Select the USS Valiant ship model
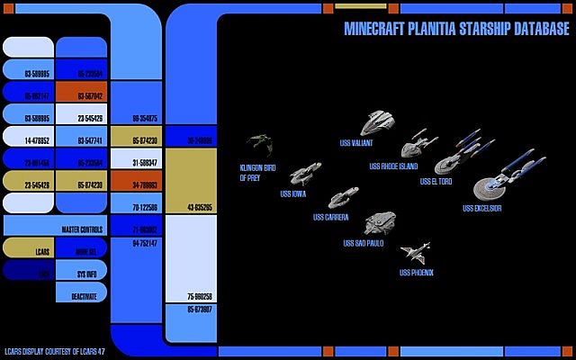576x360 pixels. pos(378,122)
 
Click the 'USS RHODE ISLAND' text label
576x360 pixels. pos(393,166)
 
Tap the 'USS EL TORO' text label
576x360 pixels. pos(436,182)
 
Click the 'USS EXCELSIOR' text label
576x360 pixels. pos(482,208)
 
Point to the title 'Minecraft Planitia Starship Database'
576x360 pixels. pos(456,29)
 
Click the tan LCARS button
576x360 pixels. pos(28,247)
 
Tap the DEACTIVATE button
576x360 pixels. pos(81,294)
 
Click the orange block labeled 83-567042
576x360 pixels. pos(81,94)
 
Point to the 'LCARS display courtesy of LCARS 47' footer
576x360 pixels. pos(54,351)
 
